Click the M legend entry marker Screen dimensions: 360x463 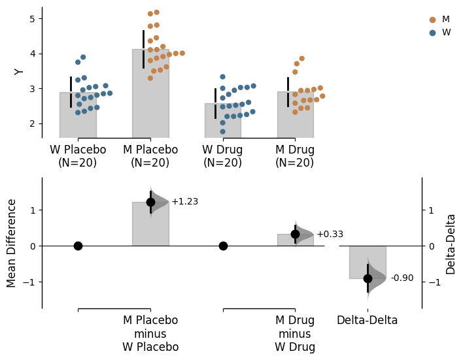(432, 20)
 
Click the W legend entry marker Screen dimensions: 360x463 (432, 33)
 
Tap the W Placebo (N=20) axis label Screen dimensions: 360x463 (78, 156)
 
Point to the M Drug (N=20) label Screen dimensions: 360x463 (295, 156)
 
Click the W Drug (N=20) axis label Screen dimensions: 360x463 (223, 156)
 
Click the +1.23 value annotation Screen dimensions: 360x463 (184, 202)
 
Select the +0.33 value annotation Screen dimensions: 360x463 (330, 235)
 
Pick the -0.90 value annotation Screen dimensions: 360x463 (402, 278)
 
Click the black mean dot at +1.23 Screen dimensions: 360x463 (150, 202)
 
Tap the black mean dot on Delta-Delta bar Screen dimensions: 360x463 (368, 278)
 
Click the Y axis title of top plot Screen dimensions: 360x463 (19, 71)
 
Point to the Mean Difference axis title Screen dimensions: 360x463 (12, 243)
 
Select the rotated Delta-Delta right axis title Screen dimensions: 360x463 (451, 244)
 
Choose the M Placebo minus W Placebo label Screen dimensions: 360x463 (150, 334)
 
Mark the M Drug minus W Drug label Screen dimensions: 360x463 (295, 334)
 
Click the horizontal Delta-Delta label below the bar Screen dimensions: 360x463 (368, 321)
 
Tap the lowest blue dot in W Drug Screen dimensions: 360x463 (223, 131)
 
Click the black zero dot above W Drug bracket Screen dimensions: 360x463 (223, 246)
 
